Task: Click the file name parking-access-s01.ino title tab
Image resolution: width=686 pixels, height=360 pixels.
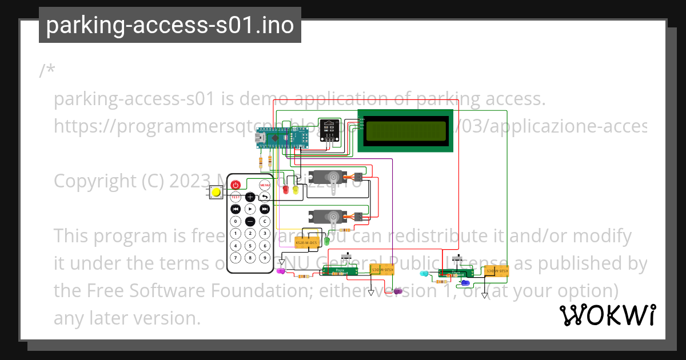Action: point(170,25)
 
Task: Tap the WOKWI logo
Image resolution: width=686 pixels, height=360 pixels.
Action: point(607,315)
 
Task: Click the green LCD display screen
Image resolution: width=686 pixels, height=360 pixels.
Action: point(405,131)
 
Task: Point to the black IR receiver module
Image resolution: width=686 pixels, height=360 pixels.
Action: point(329,130)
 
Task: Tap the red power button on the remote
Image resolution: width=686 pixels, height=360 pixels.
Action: point(235,185)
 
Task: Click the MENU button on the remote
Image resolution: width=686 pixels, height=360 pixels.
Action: point(265,185)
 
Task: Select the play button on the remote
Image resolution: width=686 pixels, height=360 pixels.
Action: point(250,209)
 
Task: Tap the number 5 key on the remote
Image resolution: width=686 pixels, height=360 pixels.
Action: point(250,246)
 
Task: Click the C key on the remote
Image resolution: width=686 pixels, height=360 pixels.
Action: point(265,222)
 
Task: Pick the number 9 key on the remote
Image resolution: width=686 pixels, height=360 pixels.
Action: point(265,258)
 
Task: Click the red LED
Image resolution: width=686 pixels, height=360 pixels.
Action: point(286,189)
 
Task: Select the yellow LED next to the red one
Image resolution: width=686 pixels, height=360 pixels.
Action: point(296,189)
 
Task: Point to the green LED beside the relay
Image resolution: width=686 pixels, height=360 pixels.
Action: point(327,241)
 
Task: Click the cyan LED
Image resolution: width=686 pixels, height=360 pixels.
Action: point(424,274)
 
